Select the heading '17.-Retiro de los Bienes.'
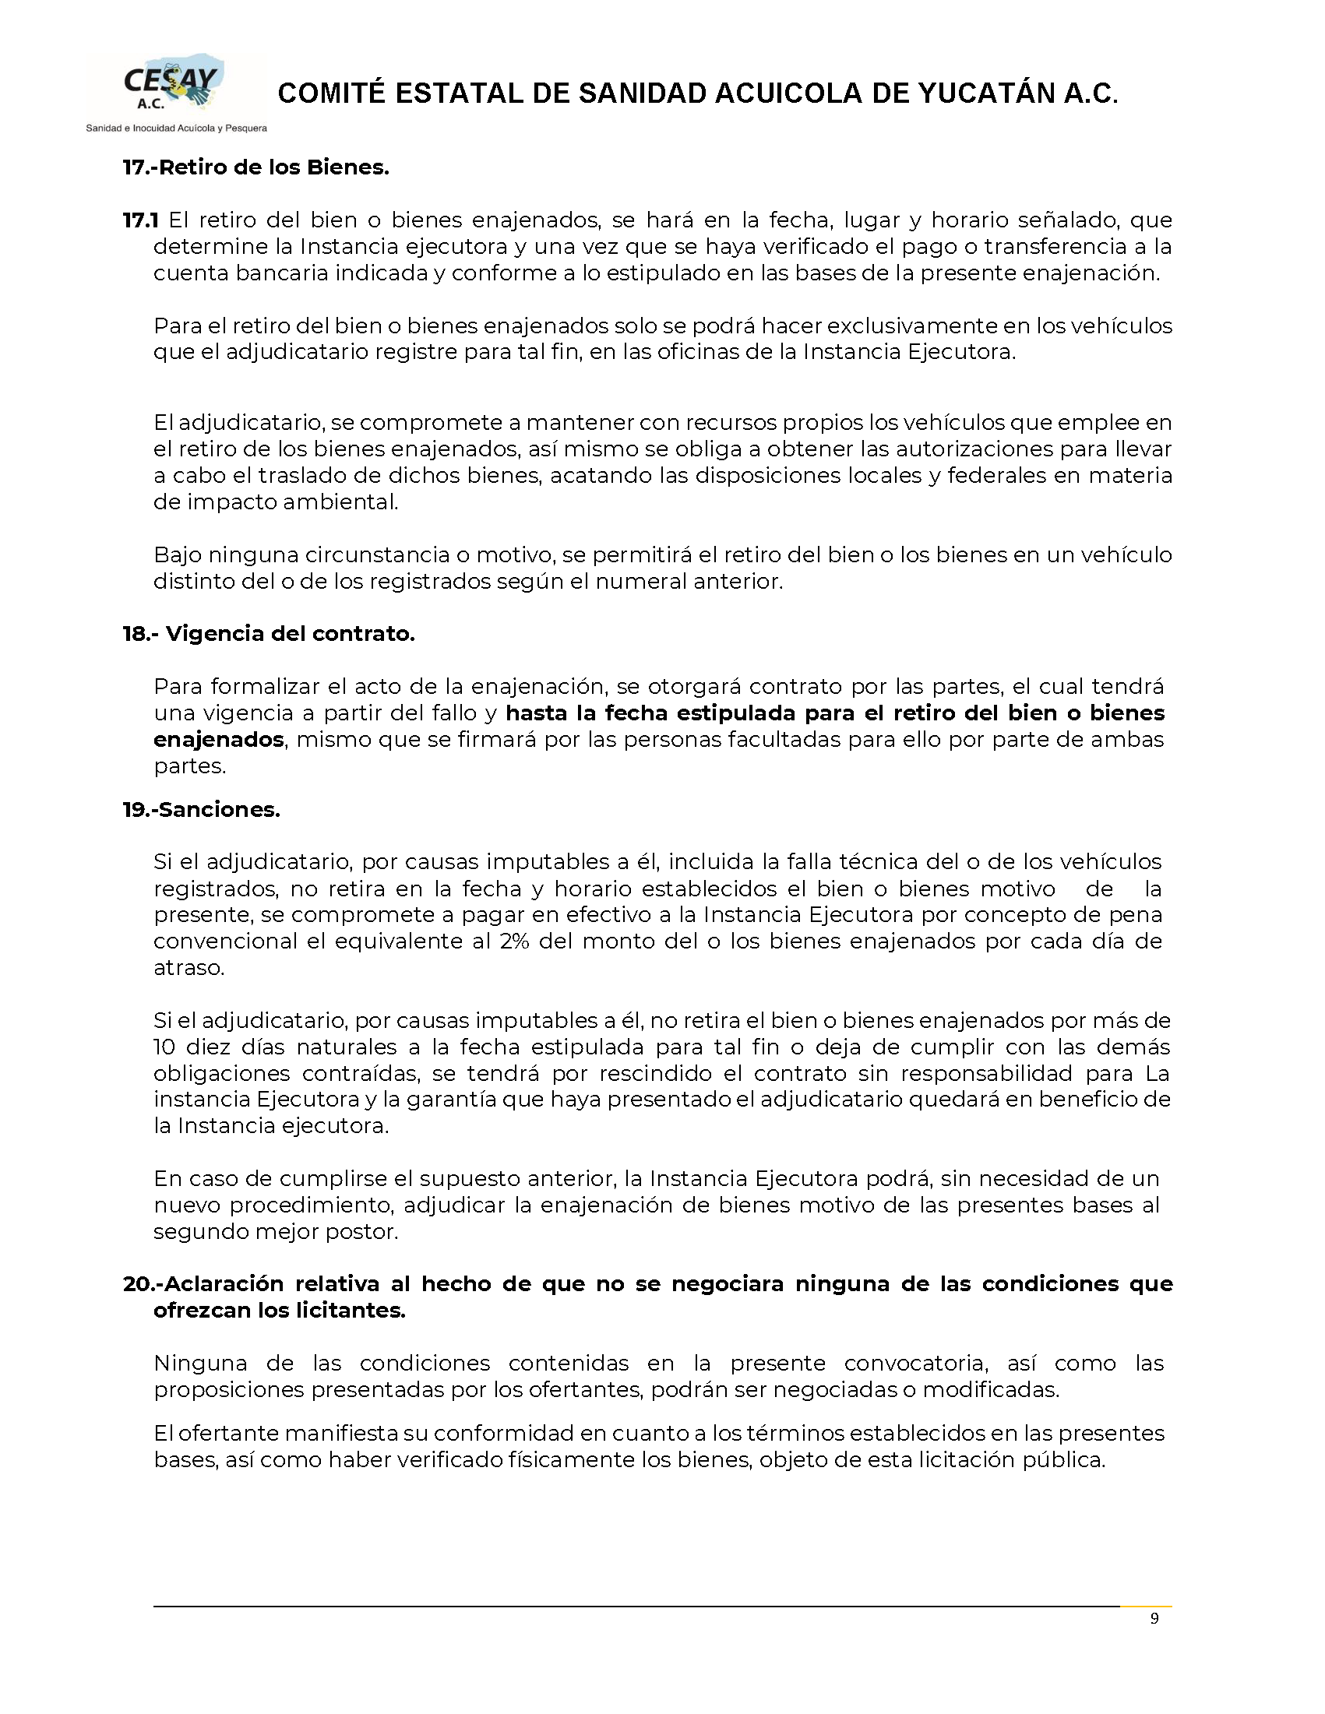click(256, 167)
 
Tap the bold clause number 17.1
click(140, 220)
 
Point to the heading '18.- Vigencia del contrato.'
click(269, 633)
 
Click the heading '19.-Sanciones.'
click(202, 809)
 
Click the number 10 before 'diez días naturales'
click(164, 1047)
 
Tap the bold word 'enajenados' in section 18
click(218, 739)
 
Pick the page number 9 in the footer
click(1154, 1619)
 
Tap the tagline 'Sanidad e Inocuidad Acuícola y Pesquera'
click(177, 128)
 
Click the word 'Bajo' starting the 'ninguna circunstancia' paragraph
click(177, 555)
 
